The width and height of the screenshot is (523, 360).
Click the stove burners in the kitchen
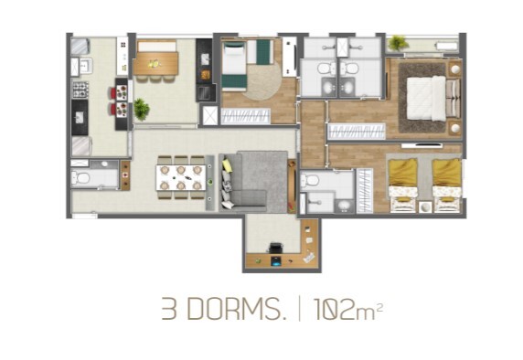pyautogui.click(x=80, y=90)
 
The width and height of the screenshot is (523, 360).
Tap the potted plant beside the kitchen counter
pyautogui.click(x=141, y=110)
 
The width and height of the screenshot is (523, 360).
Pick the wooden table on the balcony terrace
pyautogui.click(x=156, y=62)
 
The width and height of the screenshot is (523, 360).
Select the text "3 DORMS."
pyautogui.click(x=224, y=310)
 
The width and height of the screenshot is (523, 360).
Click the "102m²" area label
pyautogui.click(x=347, y=310)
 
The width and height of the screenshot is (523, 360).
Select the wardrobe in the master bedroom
pyautogui.click(x=357, y=131)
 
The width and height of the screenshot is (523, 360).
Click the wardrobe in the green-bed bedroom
pyautogui.click(x=245, y=116)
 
